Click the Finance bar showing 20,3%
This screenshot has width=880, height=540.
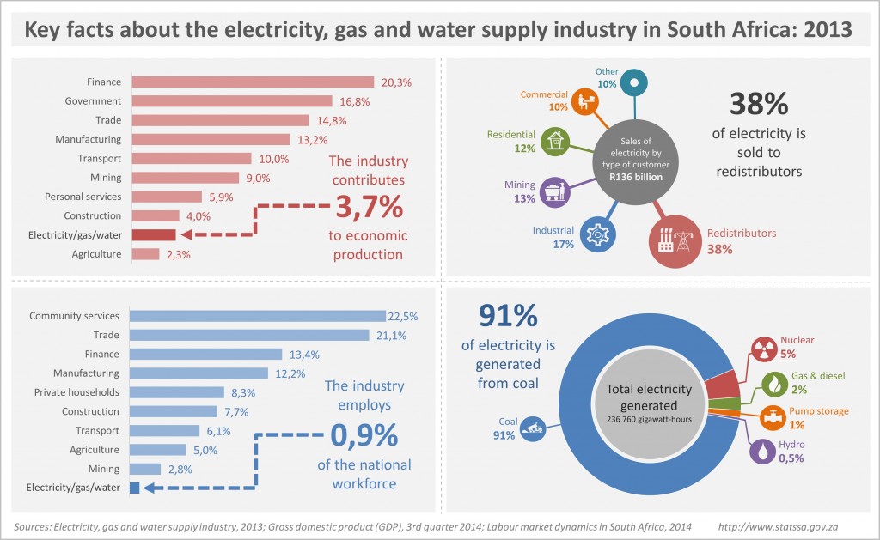(252, 82)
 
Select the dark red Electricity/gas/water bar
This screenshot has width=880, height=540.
(154, 235)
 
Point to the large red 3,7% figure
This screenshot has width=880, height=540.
(367, 208)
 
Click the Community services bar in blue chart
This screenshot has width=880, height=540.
(258, 316)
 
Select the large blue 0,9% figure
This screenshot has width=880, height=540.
(364, 436)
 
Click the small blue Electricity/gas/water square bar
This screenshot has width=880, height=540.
(134, 488)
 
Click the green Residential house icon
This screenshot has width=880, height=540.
(557, 140)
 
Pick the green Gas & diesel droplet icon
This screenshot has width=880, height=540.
(774, 382)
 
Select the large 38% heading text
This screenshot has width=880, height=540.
(758, 103)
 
